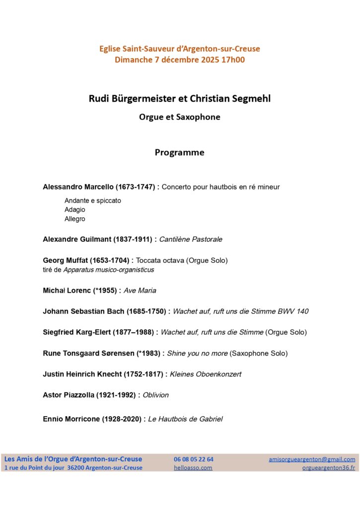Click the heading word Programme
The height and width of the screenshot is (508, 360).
[179, 153]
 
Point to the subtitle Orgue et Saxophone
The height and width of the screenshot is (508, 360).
[179, 118]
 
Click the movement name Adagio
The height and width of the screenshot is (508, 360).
[75, 210]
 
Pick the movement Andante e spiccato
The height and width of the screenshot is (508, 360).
[93, 201]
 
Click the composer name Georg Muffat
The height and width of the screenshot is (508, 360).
[66, 260]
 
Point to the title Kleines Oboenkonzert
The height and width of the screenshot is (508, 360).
[206, 375]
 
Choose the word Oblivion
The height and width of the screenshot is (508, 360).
[155, 395]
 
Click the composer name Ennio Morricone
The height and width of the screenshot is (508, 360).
[72, 419]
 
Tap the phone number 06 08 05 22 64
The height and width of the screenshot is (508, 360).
[194, 459]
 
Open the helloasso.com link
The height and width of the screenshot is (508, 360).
[193, 468]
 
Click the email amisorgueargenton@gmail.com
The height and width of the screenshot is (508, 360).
[312, 459]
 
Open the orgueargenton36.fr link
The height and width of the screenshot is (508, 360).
[329, 468]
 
